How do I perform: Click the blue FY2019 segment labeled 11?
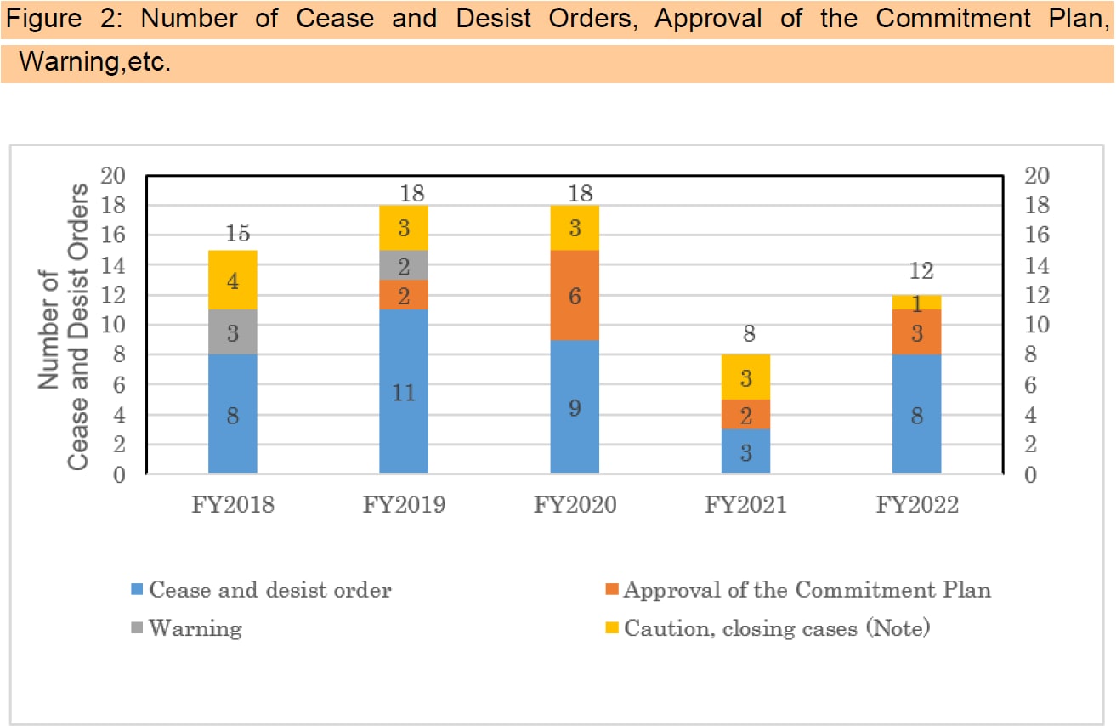[404, 391]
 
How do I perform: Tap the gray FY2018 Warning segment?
[232, 332]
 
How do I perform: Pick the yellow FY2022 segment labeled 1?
[916, 302]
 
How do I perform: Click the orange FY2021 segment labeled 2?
[745, 414]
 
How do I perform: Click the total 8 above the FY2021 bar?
[748, 334]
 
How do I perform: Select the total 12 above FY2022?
[921, 271]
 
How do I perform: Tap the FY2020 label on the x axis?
[575, 504]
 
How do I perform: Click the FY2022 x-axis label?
[916, 504]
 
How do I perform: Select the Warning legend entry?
[195, 628]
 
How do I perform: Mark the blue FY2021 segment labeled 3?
[745, 451]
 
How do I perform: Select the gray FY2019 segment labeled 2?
[404, 265]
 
